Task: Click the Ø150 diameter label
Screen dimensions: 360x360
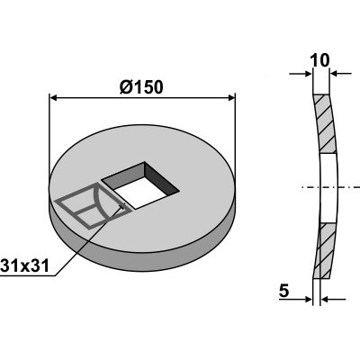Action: pyautogui.click(x=141, y=87)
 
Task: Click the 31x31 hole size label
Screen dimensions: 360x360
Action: pyautogui.click(x=24, y=265)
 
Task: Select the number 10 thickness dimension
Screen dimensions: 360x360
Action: pyautogui.click(x=320, y=60)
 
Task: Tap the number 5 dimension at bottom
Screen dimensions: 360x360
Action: pyautogui.click(x=283, y=291)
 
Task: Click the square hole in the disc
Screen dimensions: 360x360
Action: pyautogui.click(x=140, y=185)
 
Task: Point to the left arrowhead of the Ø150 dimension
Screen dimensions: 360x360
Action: pyautogui.click(x=53, y=97)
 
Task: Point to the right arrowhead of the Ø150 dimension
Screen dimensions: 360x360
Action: pyautogui.click(x=231, y=97)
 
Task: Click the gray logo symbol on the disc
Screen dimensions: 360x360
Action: pyautogui.click(x=90, y=205)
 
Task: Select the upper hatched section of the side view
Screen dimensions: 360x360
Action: pyautogui.click(x=325, y=124)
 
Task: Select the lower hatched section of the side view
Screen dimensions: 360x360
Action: pyautogui.click(x=325, y=250)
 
